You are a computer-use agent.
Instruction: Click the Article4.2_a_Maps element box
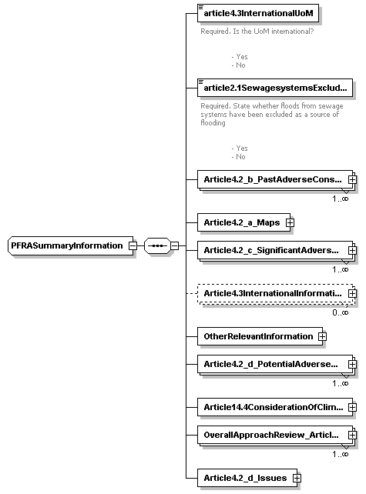point(240,222)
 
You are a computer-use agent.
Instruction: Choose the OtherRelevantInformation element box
point(257,336)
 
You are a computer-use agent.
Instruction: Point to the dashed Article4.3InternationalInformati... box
point(271,293)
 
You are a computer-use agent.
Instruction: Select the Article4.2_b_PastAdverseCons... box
point(271,179)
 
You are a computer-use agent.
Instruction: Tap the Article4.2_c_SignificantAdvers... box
point(271,250)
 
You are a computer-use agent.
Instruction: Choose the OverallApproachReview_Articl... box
point(271,435)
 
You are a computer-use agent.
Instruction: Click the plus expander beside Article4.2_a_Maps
point(290,222)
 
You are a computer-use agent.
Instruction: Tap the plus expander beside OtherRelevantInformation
point(322,336)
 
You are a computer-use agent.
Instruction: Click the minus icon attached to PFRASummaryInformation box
point(133,245)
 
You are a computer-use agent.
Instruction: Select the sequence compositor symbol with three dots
point(156,245)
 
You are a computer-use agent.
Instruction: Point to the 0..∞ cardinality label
point(340,312)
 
